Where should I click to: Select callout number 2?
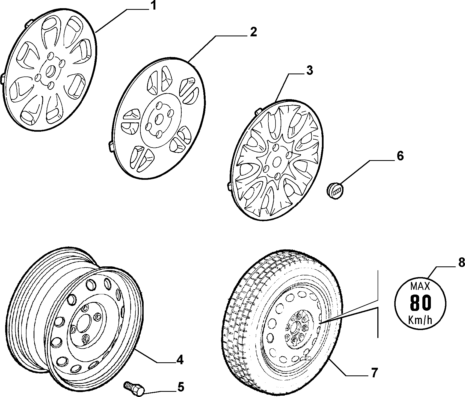(x=253, y=32)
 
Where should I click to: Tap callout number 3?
(x=309, y=70)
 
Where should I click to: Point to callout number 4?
(x=179, y=360)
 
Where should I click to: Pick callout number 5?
(x=180, y=387)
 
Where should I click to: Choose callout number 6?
(x=400, y=156)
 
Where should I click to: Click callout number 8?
(x=461, y=263)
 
